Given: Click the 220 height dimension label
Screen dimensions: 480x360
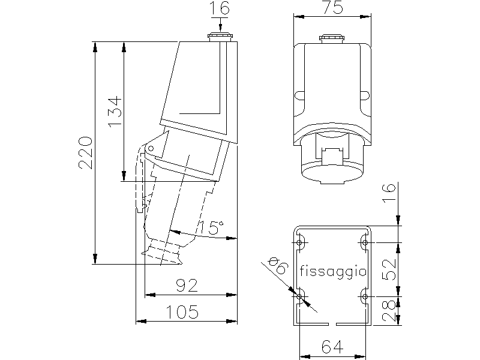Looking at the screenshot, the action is (85, 153).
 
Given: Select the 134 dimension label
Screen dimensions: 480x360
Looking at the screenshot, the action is (115, 112).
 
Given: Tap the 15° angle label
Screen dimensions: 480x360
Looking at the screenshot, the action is (212, 227).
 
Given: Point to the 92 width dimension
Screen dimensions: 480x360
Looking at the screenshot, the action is (187, 286).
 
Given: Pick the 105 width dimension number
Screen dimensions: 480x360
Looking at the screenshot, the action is (182, 312).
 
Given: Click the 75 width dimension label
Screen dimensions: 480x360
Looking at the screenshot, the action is (332, 7).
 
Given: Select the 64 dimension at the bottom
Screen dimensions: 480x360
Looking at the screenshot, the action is (332, 347).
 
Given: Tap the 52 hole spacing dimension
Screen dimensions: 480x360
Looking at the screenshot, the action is (389, 269).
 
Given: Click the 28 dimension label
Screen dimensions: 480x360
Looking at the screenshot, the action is (389, 311).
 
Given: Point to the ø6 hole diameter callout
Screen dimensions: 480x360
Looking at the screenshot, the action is (278, 265).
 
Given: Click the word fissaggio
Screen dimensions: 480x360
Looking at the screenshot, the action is (333, 271).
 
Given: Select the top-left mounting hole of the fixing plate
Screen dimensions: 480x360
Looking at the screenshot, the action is (299, 243).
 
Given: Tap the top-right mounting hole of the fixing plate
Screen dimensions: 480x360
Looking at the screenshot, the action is (365, 243).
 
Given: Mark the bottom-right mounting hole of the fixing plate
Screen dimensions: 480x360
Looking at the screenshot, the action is (365, 296).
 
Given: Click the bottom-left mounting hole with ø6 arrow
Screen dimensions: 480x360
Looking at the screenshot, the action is (299, 296).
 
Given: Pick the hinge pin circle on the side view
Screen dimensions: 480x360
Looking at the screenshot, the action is (151, 149).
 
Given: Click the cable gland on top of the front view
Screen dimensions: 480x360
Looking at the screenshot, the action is (332, 38).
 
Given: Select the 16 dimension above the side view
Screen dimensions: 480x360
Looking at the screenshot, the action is (220, 8).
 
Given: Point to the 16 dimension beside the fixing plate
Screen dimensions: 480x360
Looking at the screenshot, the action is (389, 192).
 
